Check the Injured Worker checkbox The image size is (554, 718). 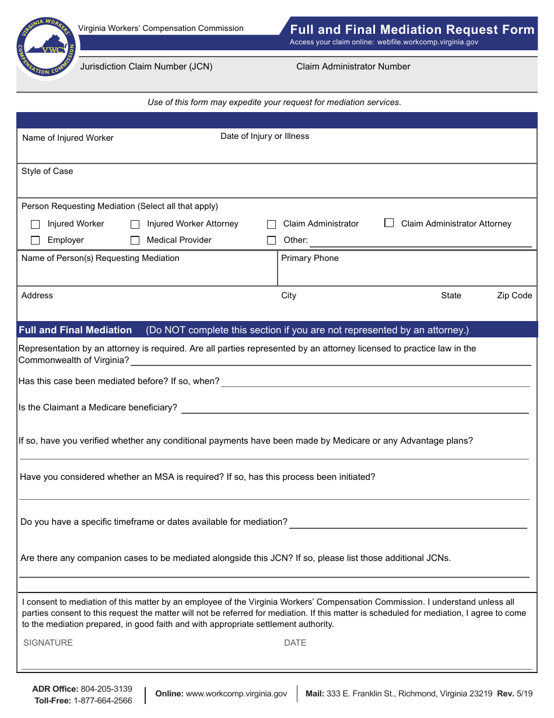36,224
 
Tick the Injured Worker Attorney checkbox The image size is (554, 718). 135,224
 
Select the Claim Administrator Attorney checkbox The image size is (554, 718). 389,223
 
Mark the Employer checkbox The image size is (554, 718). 36,241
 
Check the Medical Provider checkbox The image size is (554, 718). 135,241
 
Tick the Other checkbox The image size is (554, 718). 271,241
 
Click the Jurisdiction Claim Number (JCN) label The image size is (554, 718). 146,67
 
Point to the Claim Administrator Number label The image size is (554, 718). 353,67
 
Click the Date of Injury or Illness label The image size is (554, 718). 265,136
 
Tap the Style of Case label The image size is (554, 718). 47,171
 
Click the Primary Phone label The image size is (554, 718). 310,258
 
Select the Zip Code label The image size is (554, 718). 514,295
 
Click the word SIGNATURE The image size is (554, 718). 48,643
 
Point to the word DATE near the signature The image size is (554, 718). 295,643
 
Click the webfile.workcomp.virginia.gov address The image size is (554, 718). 427,42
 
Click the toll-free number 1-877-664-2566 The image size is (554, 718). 103,700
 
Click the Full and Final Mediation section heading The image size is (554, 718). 75,330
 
